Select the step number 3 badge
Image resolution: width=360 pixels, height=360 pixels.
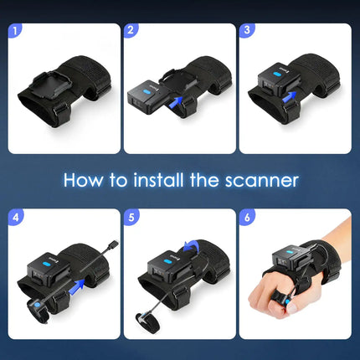249,33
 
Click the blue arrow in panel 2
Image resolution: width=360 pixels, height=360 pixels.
174,102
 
